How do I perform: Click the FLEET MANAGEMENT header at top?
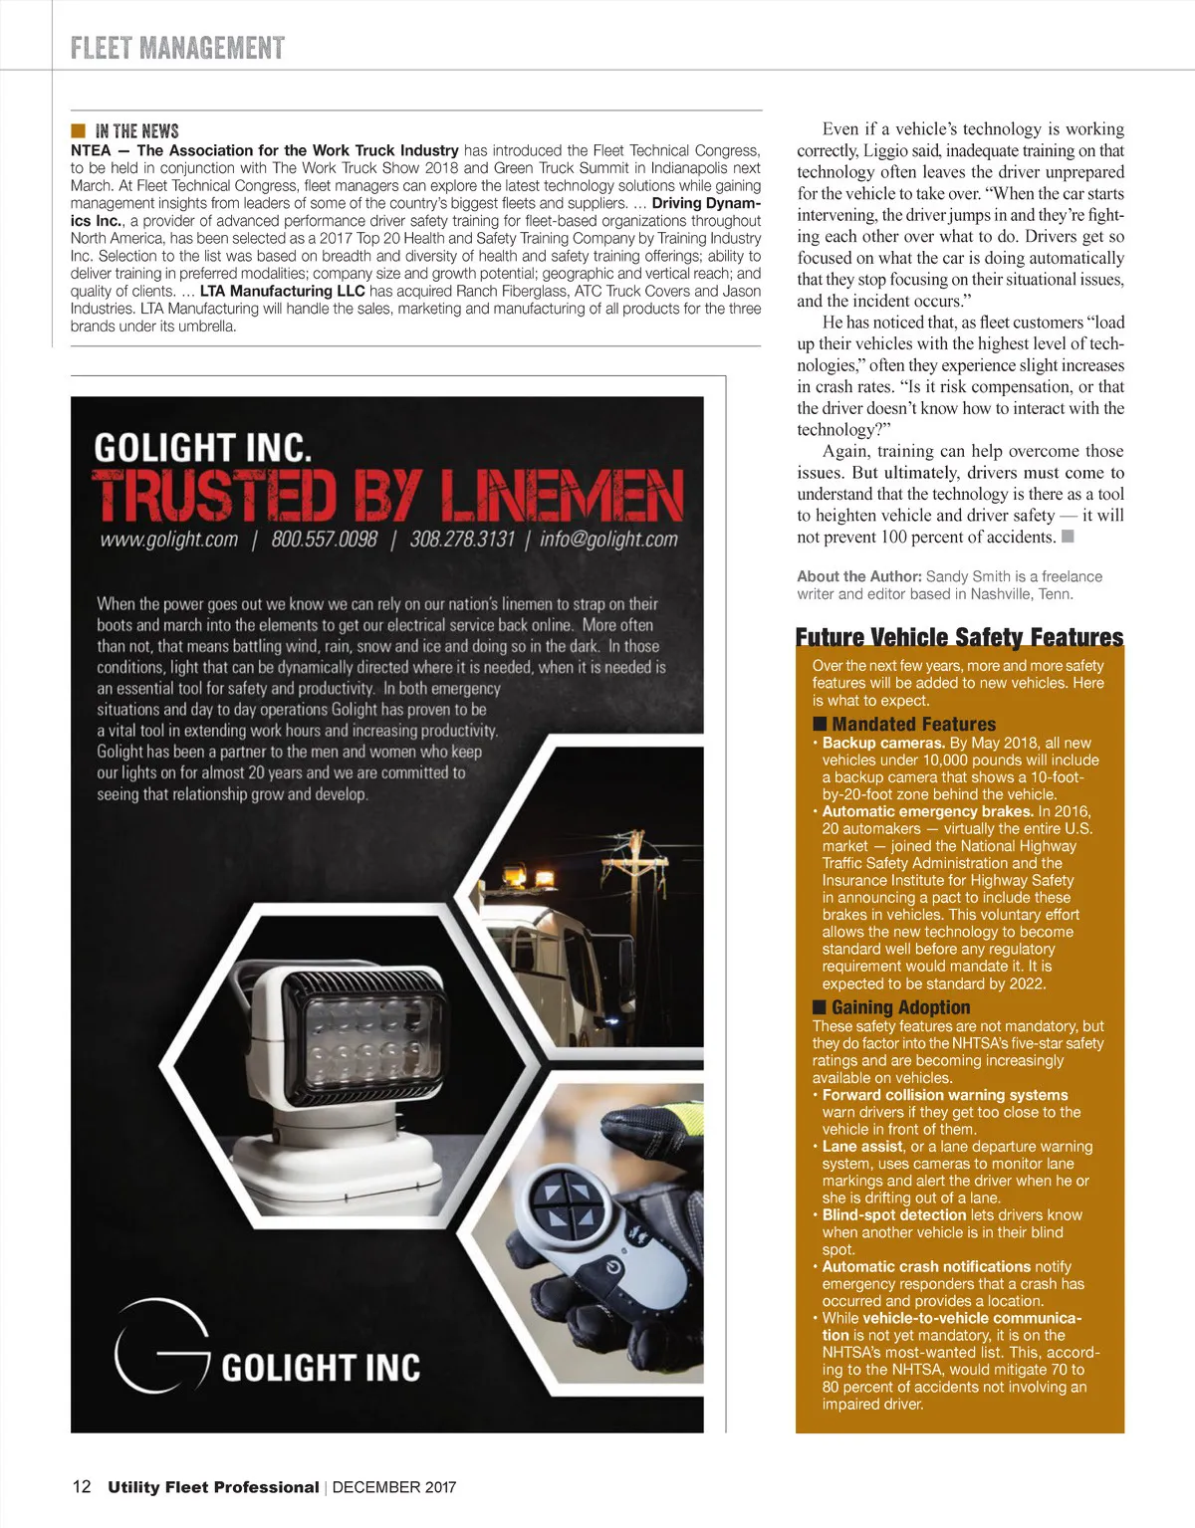[177, 48]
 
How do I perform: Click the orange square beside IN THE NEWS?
[78, 130]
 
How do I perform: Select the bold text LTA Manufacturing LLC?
[282, 291]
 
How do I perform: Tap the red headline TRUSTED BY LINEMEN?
[387, 495]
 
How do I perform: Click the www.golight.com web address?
[169, 540]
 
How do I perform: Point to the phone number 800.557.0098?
[324, 540]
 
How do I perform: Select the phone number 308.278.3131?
[462, 540]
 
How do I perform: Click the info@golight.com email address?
[607, 540]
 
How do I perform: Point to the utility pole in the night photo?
[633, 896]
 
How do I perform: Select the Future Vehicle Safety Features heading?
[959, 637]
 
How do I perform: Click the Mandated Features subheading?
[913, 725]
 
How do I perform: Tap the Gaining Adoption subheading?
[900, 1007]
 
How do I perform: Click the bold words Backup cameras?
[883, 743]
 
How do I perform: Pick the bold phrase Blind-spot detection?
[893, 1214]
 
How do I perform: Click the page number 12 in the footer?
[82, 1486]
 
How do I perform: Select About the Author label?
[858, 576]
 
